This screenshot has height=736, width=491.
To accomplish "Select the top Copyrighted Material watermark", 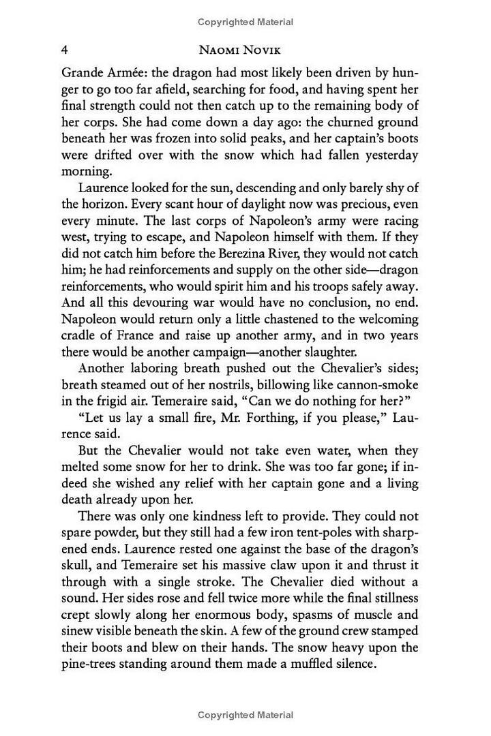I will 245,22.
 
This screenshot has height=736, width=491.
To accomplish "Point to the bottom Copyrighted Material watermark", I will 245,715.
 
